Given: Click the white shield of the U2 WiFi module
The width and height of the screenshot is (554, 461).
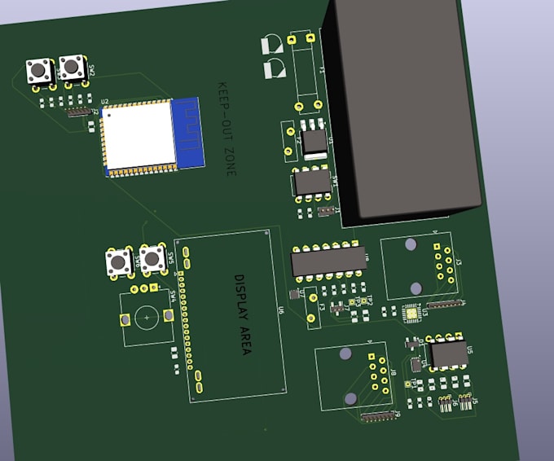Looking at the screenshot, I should click(x=138, y=135).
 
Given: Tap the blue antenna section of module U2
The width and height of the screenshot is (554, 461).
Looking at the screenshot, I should click(x=187, y=132).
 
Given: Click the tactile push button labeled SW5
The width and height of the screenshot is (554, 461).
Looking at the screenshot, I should click(x=120, y=262).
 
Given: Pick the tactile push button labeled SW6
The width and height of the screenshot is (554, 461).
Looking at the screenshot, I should click(x=152, y=260).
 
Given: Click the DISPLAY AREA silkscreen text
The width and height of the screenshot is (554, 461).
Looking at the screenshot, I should click(x=243, y=314).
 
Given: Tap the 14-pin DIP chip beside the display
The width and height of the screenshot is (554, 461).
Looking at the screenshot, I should click(x=328, y=259).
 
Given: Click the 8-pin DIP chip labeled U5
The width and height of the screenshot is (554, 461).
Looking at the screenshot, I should click(x=449, y=354).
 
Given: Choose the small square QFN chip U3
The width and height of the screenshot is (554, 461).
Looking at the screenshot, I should click(x=411, y=311).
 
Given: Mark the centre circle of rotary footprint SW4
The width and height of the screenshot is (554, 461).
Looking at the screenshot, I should click(x=147, y=318).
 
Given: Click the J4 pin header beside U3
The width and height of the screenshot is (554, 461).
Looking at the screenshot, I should click(x=447, y=305).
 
